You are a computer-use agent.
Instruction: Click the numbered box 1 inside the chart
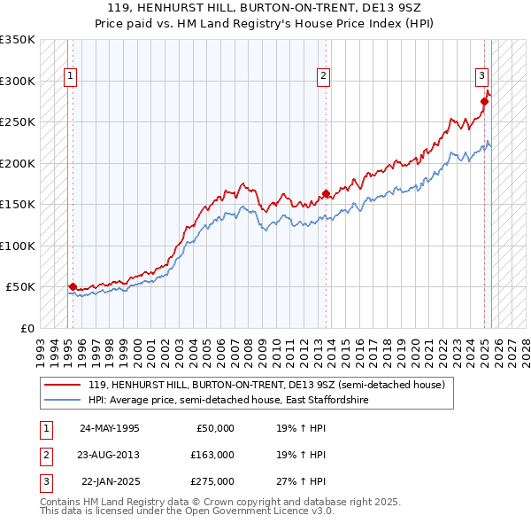tap(69, 77)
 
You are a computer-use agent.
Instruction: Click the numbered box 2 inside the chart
tap(324, 77)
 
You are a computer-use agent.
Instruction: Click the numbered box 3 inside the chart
tap(483, 77)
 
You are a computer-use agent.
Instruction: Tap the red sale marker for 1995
tap(73, 286)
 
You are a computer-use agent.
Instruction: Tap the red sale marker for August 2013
tap(327, 193)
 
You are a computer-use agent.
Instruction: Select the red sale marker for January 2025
tap(485, 101)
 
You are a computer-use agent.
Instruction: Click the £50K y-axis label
tap(20, 287)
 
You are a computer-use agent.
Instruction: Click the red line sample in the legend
tap(63, 385)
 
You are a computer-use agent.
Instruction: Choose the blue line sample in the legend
tap(63, 401)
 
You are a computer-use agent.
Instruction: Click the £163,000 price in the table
tap(212, 455)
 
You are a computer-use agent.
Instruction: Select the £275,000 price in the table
tap(212, 481)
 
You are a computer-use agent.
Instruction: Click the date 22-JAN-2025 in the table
tap(110, 481)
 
